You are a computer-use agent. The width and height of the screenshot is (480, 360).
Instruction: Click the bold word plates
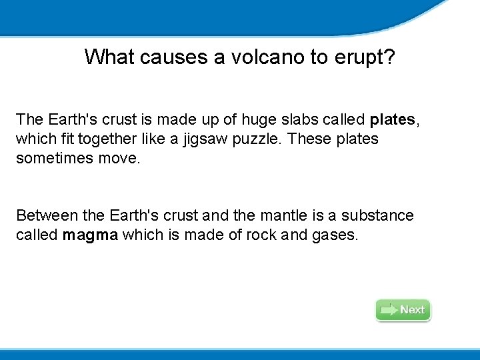(392, 120)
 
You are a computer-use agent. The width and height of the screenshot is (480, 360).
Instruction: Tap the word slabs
(308, 120)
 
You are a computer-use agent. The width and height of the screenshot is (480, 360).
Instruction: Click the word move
(120, 159)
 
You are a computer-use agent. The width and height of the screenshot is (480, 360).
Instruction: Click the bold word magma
(90, 235)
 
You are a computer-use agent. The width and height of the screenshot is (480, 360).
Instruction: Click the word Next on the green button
(412, 310)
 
